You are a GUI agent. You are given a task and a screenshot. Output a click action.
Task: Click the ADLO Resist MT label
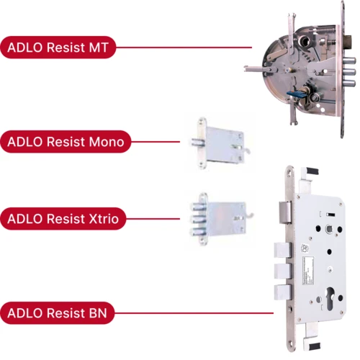[x=58, y=48]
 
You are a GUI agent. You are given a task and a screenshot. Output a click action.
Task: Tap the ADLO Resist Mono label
[x=66, y=142]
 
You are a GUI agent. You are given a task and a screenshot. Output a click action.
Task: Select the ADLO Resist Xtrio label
[x=63, y=219]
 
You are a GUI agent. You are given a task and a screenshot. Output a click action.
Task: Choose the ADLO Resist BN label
[x=58, y=313]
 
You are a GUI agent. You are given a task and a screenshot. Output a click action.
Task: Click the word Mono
[x=107, y=142]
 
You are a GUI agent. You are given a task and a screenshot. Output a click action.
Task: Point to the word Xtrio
[x=104, y=219]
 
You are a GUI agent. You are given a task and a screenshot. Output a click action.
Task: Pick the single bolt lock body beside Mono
[x=220, y=143]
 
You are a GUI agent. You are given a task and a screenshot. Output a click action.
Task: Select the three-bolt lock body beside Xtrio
[x=221, y=220]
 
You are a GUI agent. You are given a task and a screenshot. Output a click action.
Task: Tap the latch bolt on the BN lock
[x=285, y=212]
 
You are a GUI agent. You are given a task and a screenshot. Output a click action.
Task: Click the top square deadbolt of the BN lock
[x=283, y=250]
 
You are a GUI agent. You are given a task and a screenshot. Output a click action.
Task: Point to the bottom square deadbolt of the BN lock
[x=283, y=292]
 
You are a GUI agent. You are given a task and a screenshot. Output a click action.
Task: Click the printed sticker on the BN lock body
[x=308, y=271]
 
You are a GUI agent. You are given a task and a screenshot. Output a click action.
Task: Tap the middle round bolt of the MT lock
[x=350, y=72]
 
